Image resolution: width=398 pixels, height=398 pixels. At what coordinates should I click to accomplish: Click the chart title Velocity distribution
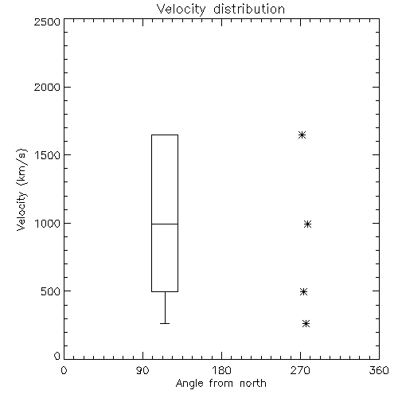click(220, 10)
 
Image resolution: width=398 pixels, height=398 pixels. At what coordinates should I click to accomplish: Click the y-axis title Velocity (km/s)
click(21, 189)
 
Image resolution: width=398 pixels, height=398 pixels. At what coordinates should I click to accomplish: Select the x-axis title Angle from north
click(220, 384)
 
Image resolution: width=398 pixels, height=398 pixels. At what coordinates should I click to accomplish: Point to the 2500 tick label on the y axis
click(47, 21)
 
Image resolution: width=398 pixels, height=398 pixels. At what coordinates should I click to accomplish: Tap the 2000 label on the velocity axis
click(47, 87)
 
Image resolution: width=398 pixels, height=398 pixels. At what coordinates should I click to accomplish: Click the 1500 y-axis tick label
click(48, 155)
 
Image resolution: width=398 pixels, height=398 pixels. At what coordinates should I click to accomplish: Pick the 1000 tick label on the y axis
click(48, 224)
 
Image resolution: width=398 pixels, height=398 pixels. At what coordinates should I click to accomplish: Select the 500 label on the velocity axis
click(51, 291)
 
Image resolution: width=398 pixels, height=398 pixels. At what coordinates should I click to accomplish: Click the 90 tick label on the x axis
click(142, 370)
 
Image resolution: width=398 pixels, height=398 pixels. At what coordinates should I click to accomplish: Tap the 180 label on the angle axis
click(221, 370)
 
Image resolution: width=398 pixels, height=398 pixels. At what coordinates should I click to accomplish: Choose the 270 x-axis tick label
click(300, 370)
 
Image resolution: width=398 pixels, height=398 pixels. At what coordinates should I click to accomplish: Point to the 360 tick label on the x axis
click(379, 370)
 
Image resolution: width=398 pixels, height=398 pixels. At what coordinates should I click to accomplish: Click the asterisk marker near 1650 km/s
click(302, 135)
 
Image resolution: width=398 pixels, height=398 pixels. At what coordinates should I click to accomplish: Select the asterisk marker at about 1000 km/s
click(307, 224)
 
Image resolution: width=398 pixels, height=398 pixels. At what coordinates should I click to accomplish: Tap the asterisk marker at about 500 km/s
click(304, 292)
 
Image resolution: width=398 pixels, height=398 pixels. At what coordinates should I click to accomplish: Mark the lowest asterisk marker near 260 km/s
click(306, 324)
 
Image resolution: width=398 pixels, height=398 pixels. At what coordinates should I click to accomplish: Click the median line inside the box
click(165, 224)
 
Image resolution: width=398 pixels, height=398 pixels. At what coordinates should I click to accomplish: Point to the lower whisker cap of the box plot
click(165, 323)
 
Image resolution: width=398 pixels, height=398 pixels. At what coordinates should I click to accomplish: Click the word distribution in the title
click(249, 10)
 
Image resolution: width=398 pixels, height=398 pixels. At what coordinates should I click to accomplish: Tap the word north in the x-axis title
click(253, 384)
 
